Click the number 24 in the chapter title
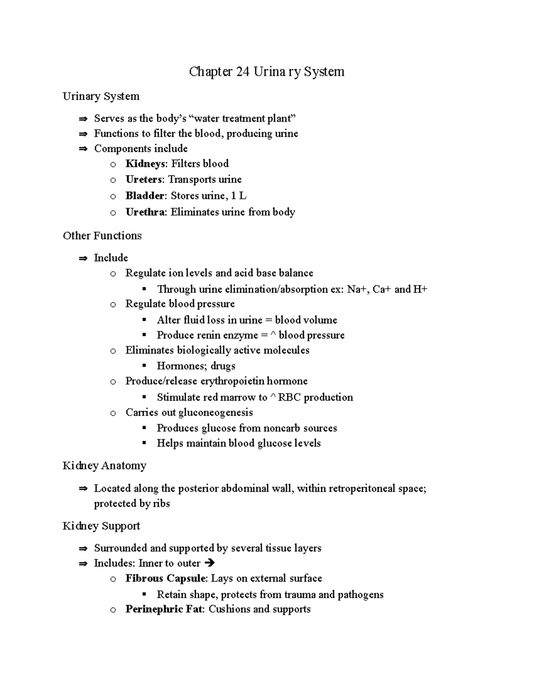[x=243, y=72]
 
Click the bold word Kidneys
[x=145, y=164]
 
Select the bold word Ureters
[x=145, y=179]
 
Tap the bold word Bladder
[x=145, y=196]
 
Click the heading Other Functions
[x=102, y=235]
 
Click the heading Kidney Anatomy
[x=105, y=465]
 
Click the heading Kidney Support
[x=101, y=526]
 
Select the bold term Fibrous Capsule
[x=166, y=578]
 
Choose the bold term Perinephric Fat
[x=164, y=609]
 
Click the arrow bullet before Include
[x=83, y=258]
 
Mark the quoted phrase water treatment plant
[x=243, y=118]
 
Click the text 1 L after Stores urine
[x=239, y=196]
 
